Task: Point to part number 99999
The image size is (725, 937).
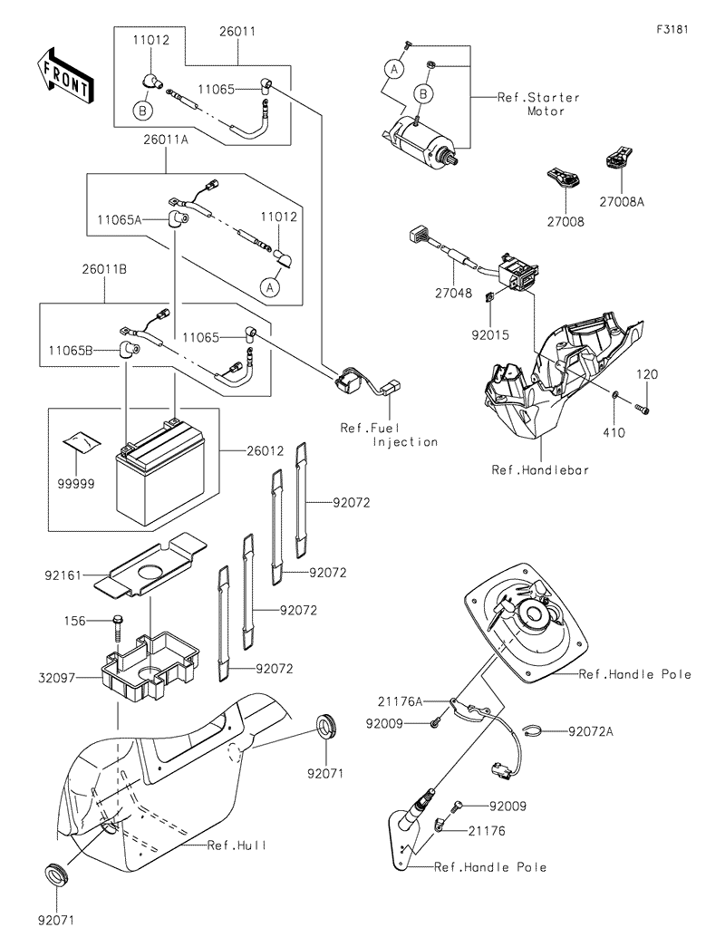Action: coord(77,485)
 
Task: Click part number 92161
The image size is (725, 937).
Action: coord(61,575)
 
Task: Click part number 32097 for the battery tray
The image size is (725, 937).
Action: coord(57,677)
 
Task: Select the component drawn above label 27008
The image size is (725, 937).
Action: coord(564,178)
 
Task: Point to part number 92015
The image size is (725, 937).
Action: coord(490,333)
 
